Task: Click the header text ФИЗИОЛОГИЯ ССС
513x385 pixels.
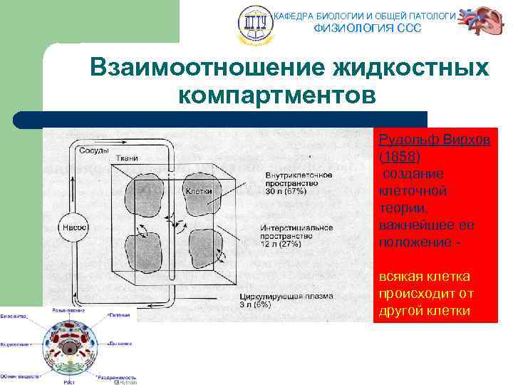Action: (368, 28)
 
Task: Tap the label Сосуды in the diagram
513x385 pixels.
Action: (93, 150)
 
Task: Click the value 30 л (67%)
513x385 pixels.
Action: (286, 192)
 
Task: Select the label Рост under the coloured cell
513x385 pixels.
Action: (69, 381)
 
